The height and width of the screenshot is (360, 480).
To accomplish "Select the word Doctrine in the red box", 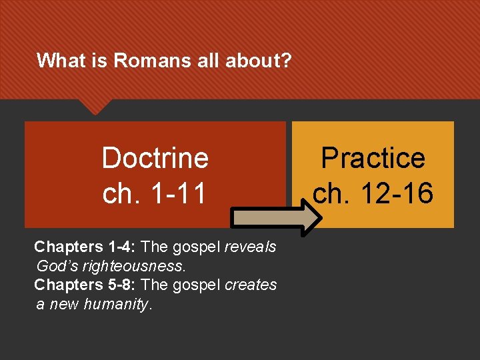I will pos(155,159).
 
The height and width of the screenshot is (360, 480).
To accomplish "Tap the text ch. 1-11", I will pos(155,193).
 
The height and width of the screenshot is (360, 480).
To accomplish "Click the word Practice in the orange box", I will pos(373,159).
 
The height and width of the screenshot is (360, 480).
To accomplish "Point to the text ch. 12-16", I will pos(373,193).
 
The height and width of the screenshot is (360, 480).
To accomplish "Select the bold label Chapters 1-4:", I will pos(85,247).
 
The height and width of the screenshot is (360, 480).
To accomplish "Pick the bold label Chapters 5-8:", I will pos(85,285).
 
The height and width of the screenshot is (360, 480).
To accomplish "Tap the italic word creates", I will pos(251,285).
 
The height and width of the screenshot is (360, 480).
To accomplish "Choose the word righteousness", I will pos(127,265).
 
